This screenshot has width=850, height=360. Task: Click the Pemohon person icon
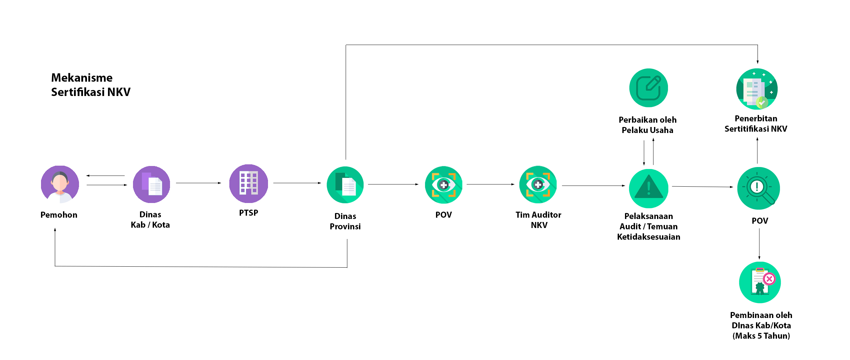coord(60,184)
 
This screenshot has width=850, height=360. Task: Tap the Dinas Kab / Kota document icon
coord(151,184)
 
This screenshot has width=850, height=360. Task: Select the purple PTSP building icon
coord(249,183)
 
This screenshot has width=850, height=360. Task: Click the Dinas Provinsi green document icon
coord(345,185)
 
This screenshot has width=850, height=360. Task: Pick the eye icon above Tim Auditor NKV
coord(538,184)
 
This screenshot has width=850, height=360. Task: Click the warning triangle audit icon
coord(649,188)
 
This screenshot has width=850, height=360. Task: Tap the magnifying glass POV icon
coord(759,188)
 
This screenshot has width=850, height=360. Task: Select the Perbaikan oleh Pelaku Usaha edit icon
coord(649,88)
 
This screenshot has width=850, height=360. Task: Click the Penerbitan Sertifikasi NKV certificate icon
coord(757,89)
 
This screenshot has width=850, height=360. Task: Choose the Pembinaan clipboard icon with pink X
coord(760,282)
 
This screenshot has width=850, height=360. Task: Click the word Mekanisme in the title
coord(82,78)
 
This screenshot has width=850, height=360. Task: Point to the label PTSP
coord(249,213)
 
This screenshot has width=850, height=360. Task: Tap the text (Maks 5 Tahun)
coord(761,336)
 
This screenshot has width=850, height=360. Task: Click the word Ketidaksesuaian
coord(649,237)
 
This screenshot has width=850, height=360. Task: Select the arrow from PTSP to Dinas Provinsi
coord(297,183)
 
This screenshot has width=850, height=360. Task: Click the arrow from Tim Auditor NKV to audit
coord(594,186)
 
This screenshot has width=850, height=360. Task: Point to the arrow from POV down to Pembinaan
coord(759,244)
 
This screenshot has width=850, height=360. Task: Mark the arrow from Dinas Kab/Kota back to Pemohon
coord(105,176)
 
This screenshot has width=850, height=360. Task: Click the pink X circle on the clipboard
coord(769,279)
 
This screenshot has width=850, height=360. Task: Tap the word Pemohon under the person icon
coord(59,215)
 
